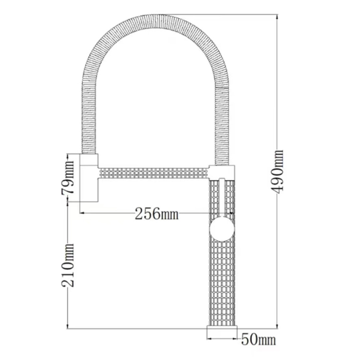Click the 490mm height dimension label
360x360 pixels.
click(x=277, y=172)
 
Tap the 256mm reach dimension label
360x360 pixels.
click(x=156, y=214)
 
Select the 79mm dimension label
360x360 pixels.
click(x=68, y=177)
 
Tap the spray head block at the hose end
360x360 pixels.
click(x=89, y=178)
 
